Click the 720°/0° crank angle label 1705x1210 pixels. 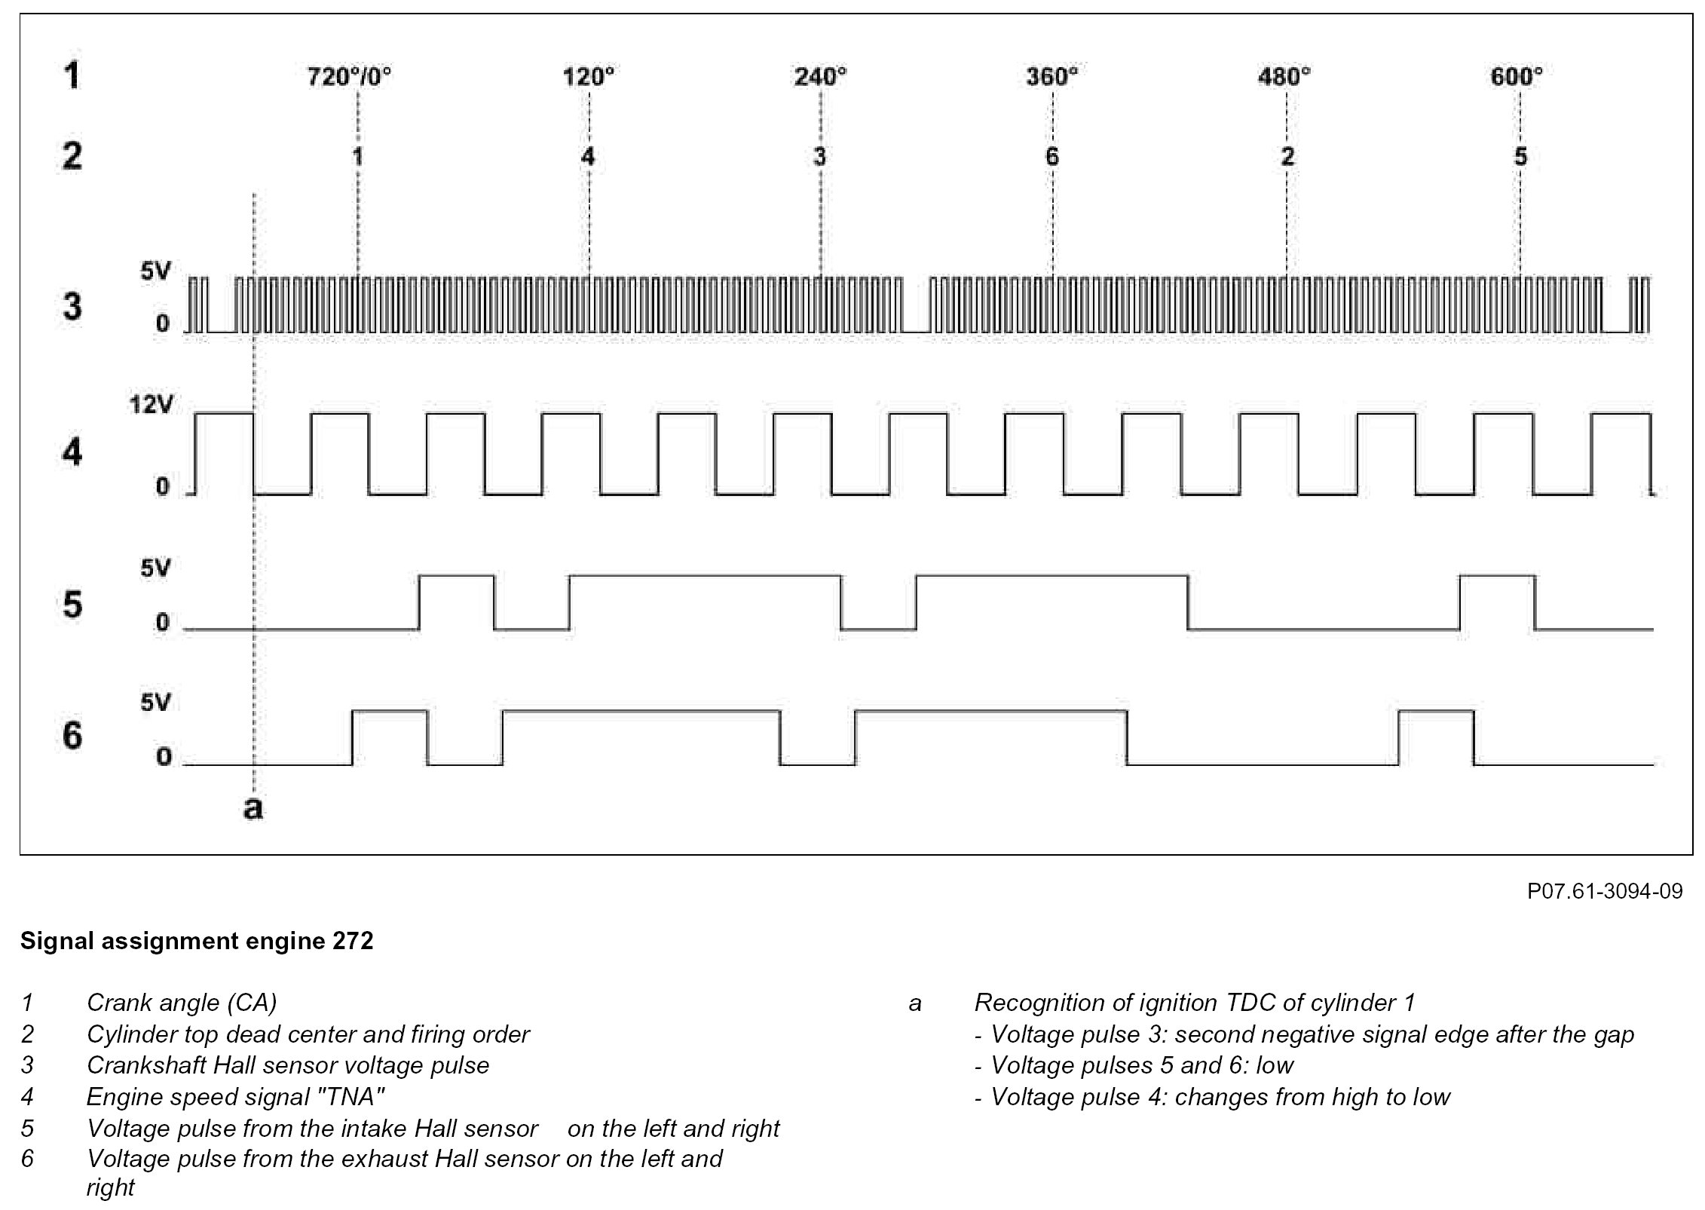click(350, 77)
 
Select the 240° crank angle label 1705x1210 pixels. click(820, 77)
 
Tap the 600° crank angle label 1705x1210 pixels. click(1517, 77)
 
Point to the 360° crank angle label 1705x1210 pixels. click(1051, 77)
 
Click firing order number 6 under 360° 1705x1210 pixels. click(1052, 157)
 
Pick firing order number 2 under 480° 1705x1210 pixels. click(1287, 157)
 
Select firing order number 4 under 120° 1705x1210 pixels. click(588, 157)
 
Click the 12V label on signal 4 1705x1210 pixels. click(151, 405)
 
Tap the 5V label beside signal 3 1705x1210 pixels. click(156, 272)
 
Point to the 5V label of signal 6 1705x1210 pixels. click(156, 703)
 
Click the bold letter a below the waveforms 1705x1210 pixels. click(253, 808)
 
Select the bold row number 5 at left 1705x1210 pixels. click(72, 605)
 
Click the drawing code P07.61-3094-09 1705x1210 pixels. click(1604, 892)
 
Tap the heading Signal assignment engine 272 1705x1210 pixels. click(197, 942)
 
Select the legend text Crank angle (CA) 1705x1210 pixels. click(182, 1003)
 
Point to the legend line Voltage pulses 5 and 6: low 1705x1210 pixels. click(1141, 1065)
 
